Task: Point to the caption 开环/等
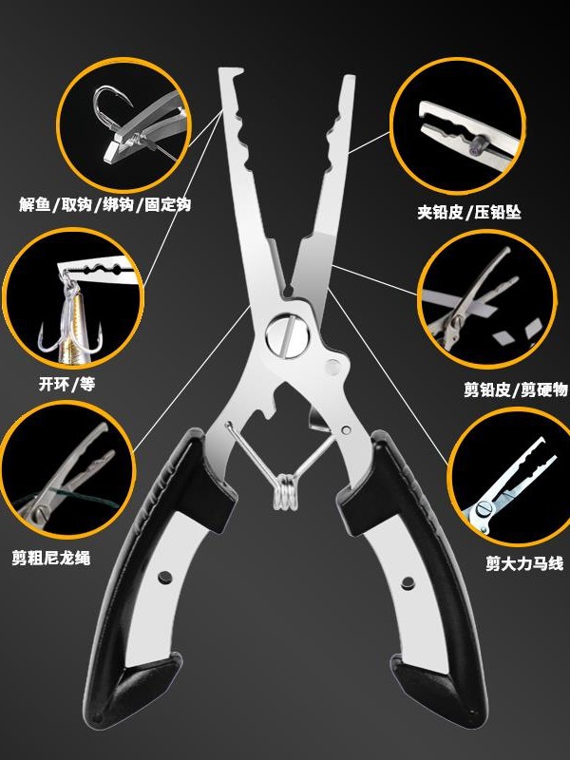67,384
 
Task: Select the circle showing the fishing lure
78,301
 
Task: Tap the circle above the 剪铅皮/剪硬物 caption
486,303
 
